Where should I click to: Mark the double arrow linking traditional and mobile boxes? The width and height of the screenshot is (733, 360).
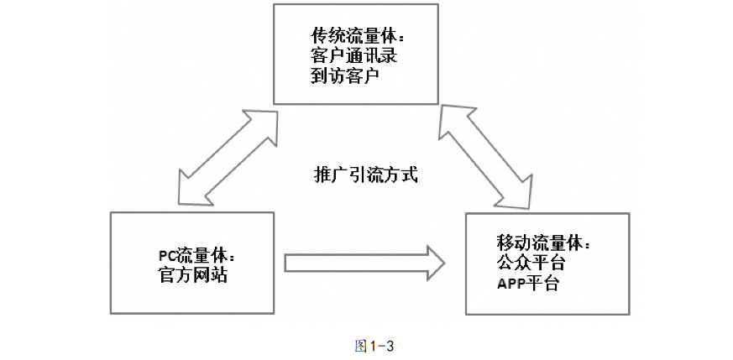[488, 156]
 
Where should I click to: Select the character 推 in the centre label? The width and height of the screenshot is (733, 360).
[317, 176]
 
